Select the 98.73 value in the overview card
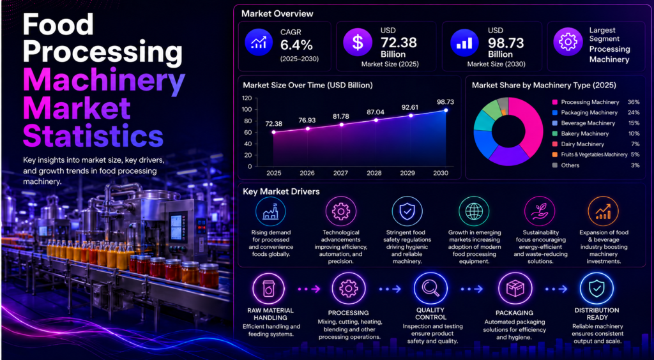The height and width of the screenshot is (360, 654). (505, 43)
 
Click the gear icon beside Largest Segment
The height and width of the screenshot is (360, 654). (567, 42)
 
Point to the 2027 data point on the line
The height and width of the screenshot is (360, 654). (342, 124)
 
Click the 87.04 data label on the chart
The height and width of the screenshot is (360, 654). (376, 112)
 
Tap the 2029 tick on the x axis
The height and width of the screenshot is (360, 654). (411, 173)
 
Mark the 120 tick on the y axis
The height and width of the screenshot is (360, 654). (247, 98)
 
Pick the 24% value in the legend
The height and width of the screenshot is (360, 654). (634, 112)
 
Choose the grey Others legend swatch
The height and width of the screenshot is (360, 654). (554, 165)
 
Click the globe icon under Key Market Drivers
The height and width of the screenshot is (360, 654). (475, 211)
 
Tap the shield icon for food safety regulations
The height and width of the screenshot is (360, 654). (407, 211)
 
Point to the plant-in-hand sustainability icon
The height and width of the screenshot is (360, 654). (540, 211)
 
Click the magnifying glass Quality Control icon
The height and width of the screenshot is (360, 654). (430, 289)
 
